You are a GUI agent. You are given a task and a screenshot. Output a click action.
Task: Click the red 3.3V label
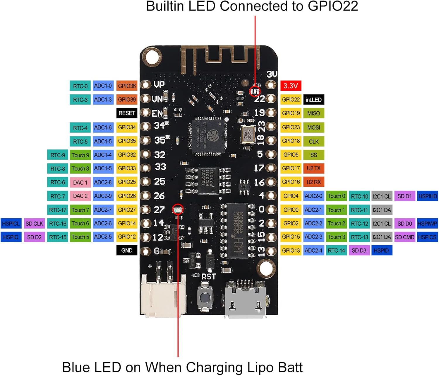click(x=291, y=86)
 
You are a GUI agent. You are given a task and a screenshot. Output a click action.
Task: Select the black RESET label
click(x=127, y=113)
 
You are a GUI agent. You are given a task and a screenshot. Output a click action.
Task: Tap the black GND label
click(x=127, y=251)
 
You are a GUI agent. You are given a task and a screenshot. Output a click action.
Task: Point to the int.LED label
click(x=313, y=100)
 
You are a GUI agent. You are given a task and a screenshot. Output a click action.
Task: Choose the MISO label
click(x=313, y=113)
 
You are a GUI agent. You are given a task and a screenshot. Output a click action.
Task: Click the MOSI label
click(x=313, y=127)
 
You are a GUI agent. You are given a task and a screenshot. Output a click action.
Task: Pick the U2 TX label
click(x=313, y=169)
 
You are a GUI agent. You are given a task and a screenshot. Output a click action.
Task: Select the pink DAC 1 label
click(x=80, y=183)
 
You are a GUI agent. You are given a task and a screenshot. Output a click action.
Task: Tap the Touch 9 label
click(x=80, y=155)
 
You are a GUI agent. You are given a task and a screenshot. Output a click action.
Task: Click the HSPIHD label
click(x=428, y=196)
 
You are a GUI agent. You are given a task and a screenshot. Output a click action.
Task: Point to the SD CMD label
click(x=404, y=237)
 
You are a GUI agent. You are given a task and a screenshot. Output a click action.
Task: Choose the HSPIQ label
click(x=11, y=237)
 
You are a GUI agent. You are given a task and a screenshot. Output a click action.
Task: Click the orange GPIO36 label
click(x=127, y=86)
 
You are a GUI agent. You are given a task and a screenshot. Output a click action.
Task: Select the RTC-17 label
click(x=58, y=210)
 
